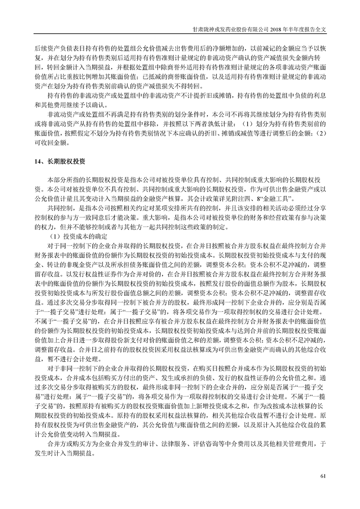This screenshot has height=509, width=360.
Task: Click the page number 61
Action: [x=323, y=476]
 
